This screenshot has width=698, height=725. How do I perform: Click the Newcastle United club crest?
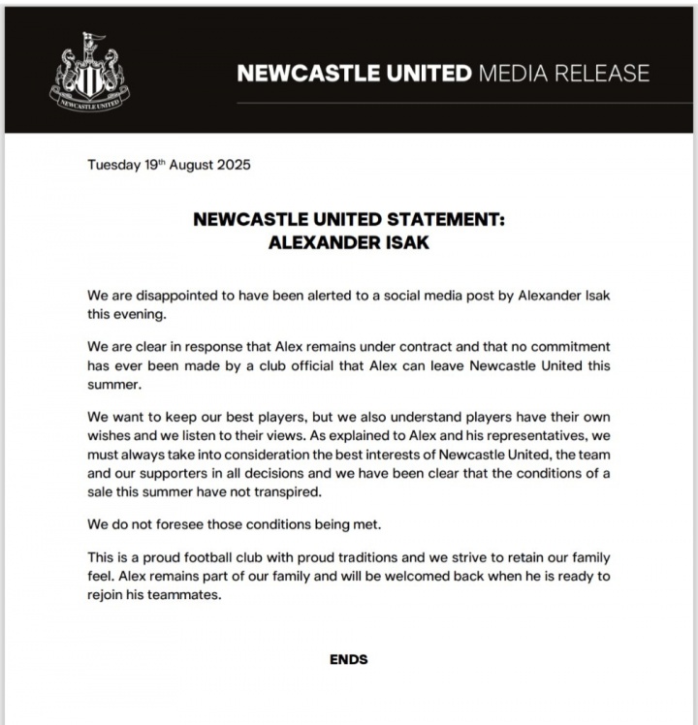[x=88, y=70]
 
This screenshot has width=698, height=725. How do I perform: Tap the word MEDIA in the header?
[x=521, y=74]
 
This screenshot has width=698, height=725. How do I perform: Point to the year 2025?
[x=233, y=165]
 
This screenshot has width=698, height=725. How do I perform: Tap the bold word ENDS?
[x=348, y=659]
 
